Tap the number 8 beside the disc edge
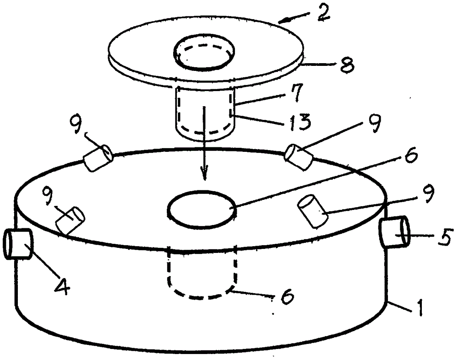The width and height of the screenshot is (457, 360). click(345, 65)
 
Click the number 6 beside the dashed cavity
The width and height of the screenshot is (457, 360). click(286, 297)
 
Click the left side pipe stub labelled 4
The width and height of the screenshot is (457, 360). click(17, 244)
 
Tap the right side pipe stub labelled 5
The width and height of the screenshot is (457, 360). click(395, 231)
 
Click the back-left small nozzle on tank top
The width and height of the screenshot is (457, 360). click(98, 158)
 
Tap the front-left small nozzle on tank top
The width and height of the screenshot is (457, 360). click(70, 220)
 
